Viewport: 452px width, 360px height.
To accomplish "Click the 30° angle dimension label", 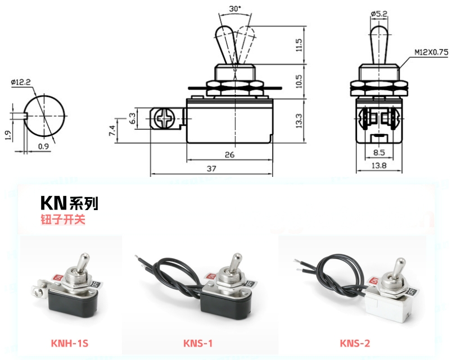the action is click(235, 8).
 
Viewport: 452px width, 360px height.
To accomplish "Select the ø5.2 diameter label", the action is click(379, 13).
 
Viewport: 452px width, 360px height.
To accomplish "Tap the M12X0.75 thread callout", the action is click(431, 52).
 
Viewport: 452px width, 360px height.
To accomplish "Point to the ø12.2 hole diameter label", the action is click(21, 82).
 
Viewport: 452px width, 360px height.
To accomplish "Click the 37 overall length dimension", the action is click(211, 168).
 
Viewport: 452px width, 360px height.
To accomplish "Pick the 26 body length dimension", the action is click(229, 155).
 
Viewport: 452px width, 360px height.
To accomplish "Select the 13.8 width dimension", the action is click(379, 165).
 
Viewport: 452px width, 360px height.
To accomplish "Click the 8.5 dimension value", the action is click(379, 152).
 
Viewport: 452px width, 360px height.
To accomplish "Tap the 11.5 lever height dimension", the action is click(299, 45).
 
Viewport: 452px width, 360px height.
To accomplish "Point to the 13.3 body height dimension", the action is click(299, 120).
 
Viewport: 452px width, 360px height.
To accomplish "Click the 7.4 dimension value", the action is click(112, 130).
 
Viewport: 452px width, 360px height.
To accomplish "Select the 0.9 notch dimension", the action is click(43, 147).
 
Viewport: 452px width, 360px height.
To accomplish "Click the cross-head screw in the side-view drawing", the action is click(164, 119).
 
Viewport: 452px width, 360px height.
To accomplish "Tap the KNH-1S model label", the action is click(70, 343).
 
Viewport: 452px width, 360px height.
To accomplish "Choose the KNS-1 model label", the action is click(198, 343).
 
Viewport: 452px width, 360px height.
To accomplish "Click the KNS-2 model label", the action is click(355, 343).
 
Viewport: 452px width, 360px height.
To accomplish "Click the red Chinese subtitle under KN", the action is click(63, 219).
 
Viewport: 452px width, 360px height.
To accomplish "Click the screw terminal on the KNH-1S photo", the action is click(38, 291).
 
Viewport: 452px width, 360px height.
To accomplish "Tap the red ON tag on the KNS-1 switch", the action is click(211, 277).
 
